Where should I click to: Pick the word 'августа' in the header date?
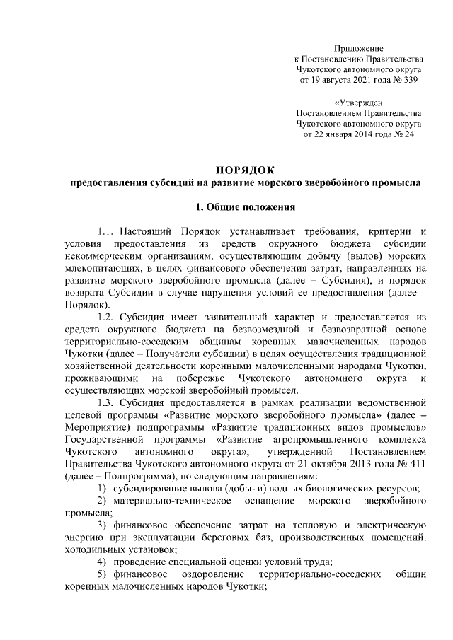[338, 81]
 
